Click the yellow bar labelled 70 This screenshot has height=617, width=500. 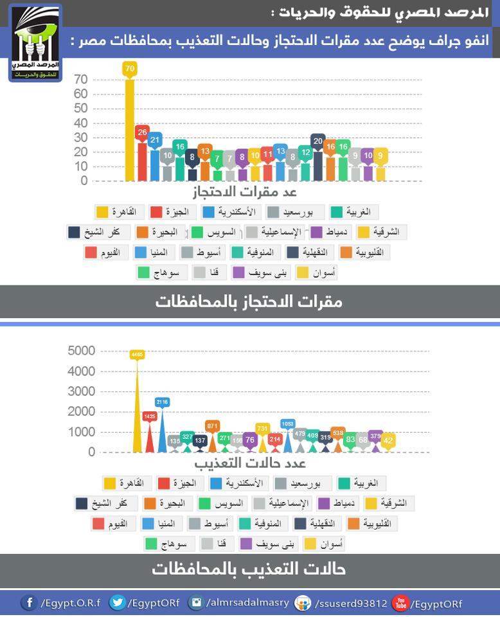tap(130, 129)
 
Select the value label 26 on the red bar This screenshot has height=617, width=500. tap(143, 132)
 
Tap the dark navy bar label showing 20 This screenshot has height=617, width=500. tap(318, 141)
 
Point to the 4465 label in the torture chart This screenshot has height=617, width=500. tap(137, 354)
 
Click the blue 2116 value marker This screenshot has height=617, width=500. tap(162, 402)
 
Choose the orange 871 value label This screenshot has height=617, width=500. tap(213, 425)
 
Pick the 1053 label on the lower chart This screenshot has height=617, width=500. tap(287, 424)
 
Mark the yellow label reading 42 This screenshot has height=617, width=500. tap(388, 440)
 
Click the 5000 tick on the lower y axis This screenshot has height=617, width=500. tap(82, 351)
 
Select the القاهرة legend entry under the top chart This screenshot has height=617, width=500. tap(119, 212)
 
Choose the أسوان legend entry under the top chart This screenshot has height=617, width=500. tap(316, 273)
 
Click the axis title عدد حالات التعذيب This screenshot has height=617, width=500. tap(250, 463)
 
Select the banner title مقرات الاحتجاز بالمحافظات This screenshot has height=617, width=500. tap(249, 301)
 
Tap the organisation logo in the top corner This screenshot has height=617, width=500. tap(35, 43)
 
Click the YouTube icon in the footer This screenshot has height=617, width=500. tap(400, 603)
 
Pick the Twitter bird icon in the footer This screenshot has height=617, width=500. tap(117, 603)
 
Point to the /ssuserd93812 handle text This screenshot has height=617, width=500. tap(350, 604)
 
